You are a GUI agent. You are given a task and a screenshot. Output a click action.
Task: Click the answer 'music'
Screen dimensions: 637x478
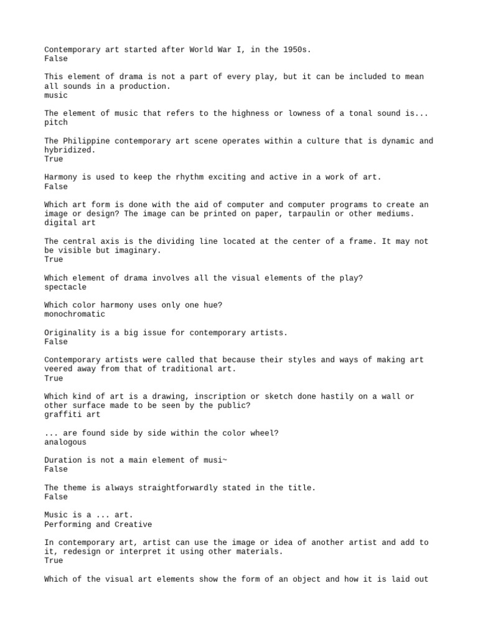point(56,95)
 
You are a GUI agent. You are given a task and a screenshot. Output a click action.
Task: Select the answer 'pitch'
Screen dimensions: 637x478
point(56,123)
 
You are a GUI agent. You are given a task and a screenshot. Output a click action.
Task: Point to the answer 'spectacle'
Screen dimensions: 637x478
point(65,287)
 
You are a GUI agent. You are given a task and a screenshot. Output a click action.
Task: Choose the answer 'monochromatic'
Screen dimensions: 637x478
point(75,314)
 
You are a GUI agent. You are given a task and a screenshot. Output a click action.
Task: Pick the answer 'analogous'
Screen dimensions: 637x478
point(65,442)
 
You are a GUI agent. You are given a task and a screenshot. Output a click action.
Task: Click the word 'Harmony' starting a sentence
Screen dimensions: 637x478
point(61,177)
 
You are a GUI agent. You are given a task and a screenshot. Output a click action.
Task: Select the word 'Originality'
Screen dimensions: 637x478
point(70,333)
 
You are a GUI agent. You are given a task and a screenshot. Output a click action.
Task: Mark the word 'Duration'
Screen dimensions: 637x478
point(63,460)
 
